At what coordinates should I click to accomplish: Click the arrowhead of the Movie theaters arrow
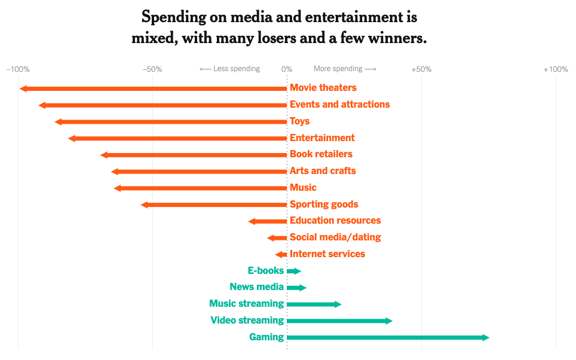coord(23,89)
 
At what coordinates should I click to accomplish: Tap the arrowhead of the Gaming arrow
coord(486,338)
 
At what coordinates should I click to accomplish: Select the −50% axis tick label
coord(152,69)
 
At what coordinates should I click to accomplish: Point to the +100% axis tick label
coord(555,69)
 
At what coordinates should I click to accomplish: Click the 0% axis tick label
coord(287,69)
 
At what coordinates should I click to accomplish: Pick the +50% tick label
coord(421,69)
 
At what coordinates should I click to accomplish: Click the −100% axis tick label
coord(18,69)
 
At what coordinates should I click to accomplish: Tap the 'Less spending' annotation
coord(230,69)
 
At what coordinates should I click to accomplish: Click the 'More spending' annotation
coord(345,69)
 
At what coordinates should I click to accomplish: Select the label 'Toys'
coord(300,121)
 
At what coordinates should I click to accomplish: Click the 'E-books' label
coord(266,271)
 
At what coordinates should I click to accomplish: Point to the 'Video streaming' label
coord(247,321)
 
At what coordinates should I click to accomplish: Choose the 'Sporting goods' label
coord(324,205)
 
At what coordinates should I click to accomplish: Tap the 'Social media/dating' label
coord(335,237)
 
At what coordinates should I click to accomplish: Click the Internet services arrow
coord(281,255)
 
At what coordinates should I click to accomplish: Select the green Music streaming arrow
coord(313,304)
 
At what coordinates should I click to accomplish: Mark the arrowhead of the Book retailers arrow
coord(104,155)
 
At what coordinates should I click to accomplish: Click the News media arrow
coord(296,288)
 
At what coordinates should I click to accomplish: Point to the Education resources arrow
coord(268,221)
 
